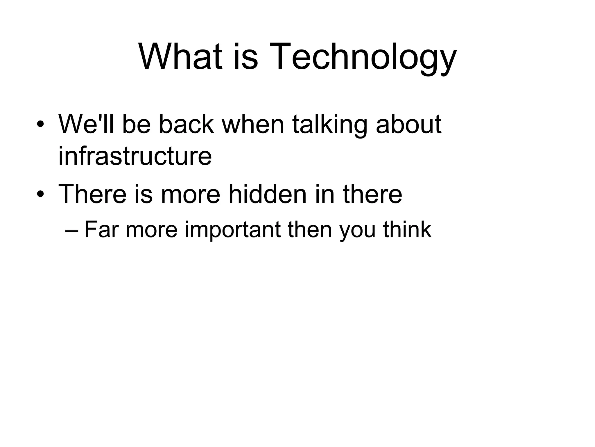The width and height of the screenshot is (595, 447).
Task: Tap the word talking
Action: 329,125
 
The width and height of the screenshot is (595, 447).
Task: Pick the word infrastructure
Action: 135,156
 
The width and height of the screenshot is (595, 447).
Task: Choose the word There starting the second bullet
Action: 93,194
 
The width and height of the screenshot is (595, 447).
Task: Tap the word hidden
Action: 268,194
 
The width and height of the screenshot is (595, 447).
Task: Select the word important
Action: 233,230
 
